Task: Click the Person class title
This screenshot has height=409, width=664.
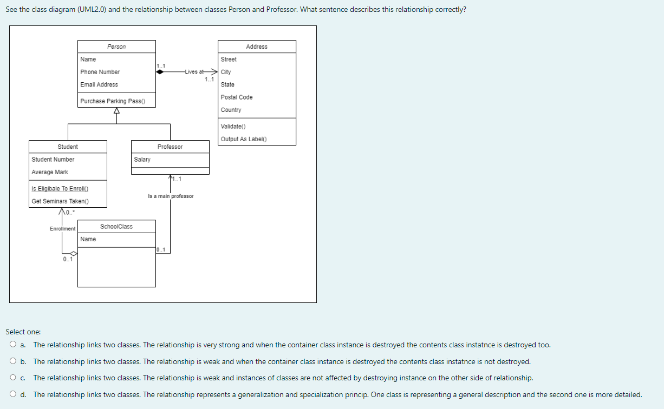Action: coord(116,47)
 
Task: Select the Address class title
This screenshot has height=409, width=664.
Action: coord(257,47)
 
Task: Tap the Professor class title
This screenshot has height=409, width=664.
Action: coord(170,147)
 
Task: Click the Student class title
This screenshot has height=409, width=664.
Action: coord(68,147)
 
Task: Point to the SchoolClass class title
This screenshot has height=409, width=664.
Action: coord(116,226)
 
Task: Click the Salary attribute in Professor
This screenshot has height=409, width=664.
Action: coord(142,160)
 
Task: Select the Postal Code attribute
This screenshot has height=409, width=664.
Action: coord(237,97)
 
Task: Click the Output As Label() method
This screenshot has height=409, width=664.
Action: coord(244,139)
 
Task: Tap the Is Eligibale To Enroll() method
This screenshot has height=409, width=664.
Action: coord(60,188)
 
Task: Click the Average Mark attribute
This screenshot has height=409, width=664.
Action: coord(50,172)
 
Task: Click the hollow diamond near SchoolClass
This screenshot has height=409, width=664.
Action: coord(73,253)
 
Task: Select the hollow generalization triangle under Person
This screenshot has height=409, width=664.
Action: coord(116,111)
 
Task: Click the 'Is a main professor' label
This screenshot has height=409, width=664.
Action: coord(170,196)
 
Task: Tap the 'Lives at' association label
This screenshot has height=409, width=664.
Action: coord(193,72)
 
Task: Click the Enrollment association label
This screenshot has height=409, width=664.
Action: coord(62,229)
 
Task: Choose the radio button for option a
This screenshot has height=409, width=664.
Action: coord(12,345)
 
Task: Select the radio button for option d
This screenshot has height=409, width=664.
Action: coord(12,394)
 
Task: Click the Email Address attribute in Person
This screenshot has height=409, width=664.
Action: coord(99,85)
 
